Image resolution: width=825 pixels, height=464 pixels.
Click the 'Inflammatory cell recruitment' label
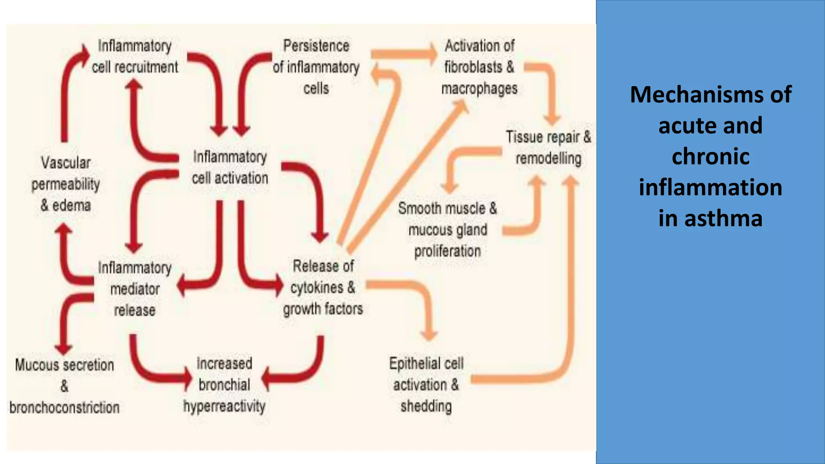click(135, 56)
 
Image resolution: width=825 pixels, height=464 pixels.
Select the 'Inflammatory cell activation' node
click(230, 168)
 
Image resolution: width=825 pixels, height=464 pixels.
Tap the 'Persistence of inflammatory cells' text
click(316, 67)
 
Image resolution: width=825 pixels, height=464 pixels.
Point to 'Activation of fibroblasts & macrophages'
click(479, 67)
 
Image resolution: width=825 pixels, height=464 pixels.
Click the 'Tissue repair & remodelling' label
click(548, 147)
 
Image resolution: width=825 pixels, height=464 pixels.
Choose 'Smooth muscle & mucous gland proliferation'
click(448, 230)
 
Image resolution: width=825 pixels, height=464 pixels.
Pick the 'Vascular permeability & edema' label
click(65, 184)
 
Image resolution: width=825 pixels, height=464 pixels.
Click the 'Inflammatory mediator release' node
click(135, 289)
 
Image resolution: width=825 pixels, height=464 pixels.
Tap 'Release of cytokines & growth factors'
click(323, 288)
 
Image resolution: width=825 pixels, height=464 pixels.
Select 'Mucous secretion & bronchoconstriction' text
click(64, 386)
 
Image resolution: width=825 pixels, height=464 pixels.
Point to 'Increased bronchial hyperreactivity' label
click(224, 385)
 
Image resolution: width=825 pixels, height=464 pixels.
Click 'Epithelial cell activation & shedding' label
click(426, 385)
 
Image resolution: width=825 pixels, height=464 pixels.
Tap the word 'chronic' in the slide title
click(711, 156)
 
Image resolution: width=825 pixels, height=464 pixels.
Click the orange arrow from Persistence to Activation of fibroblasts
click(403, 54)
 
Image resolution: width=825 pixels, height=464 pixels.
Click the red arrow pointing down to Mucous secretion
click(64, 322)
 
